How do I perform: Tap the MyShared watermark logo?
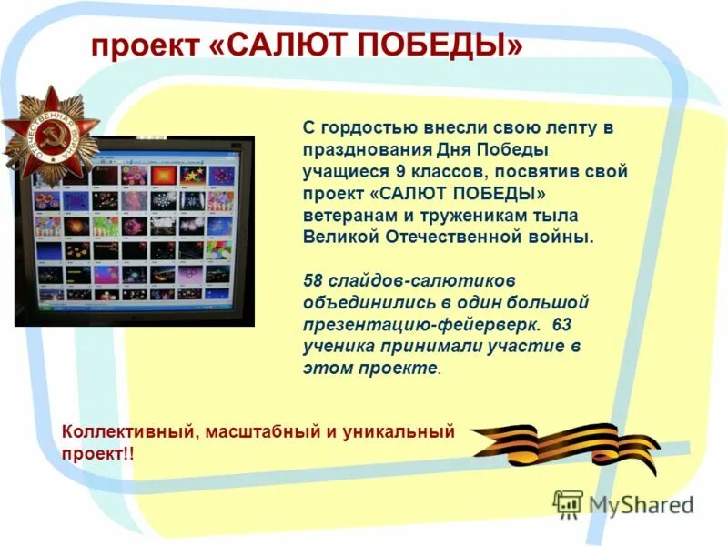pyautogui.click(x=622, y=503)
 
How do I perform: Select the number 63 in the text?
pyautogui.click(x=562, y=324)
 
